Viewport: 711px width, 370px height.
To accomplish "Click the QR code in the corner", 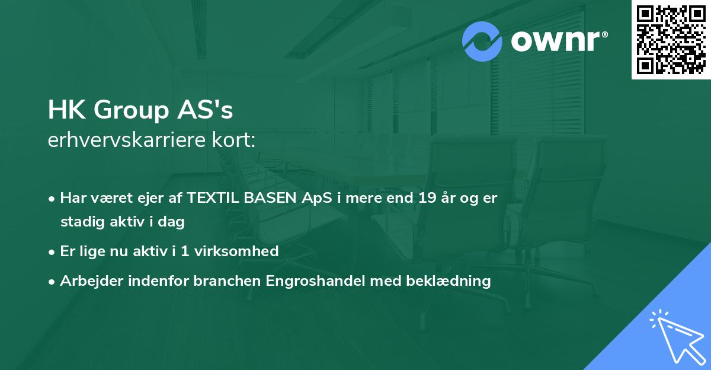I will pyautogui.click(x=671, y=40).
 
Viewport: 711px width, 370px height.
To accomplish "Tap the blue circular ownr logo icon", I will pyautogui.click(x=482, y=42).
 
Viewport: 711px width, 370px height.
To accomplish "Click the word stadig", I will pyautogui.click(x=81, y=222).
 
